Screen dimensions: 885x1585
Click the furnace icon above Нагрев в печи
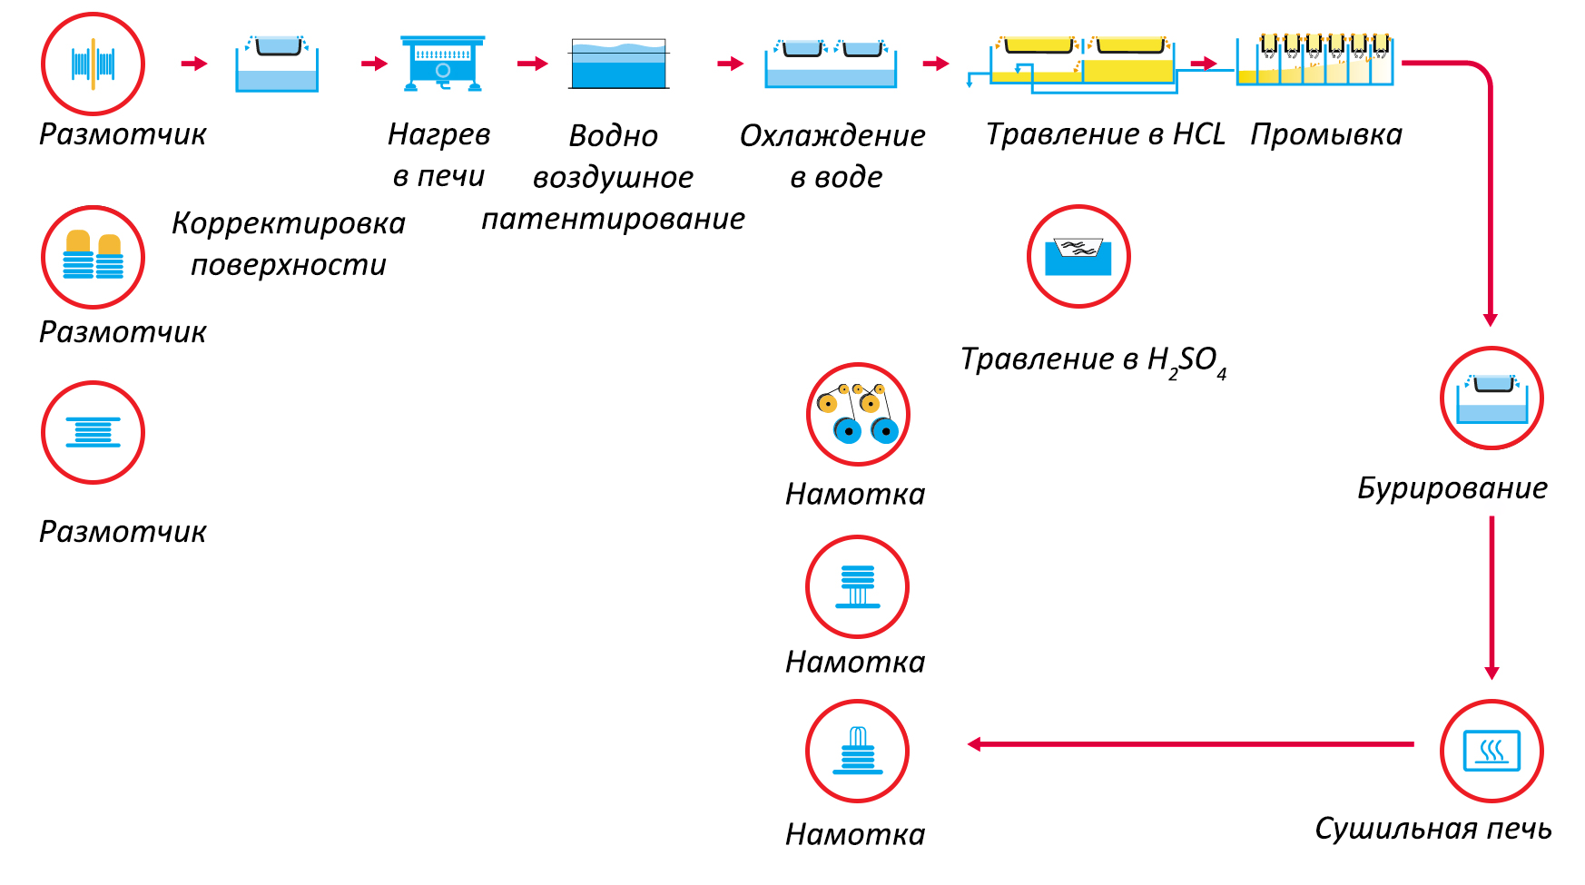[442, 64]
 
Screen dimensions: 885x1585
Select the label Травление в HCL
[1105, 134]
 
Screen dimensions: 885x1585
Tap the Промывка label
[1325, 134]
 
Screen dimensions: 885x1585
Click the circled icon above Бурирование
[1491, 398]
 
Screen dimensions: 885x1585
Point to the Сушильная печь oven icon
[1491, 751]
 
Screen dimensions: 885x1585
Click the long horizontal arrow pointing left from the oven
[1189, 744]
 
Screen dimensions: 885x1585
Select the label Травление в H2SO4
[1093, 360]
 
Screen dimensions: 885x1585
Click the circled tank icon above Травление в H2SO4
[1078, 256]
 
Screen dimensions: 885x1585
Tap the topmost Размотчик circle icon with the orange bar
[93, 64]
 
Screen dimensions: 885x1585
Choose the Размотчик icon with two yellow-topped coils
[93, 257]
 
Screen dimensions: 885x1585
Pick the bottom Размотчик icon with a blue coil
[93, 432]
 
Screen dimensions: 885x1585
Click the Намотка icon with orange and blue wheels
[857, 414]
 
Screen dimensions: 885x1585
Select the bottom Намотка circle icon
[857, 751]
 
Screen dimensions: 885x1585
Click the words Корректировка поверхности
[289, 243]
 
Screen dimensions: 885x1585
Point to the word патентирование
[613, 219]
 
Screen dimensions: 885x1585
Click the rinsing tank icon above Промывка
[1314, 61]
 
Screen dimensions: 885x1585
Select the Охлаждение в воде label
[832, 155]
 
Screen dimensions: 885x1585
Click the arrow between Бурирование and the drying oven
[1491, 596]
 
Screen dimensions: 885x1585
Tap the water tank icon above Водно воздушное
[619, 64]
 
